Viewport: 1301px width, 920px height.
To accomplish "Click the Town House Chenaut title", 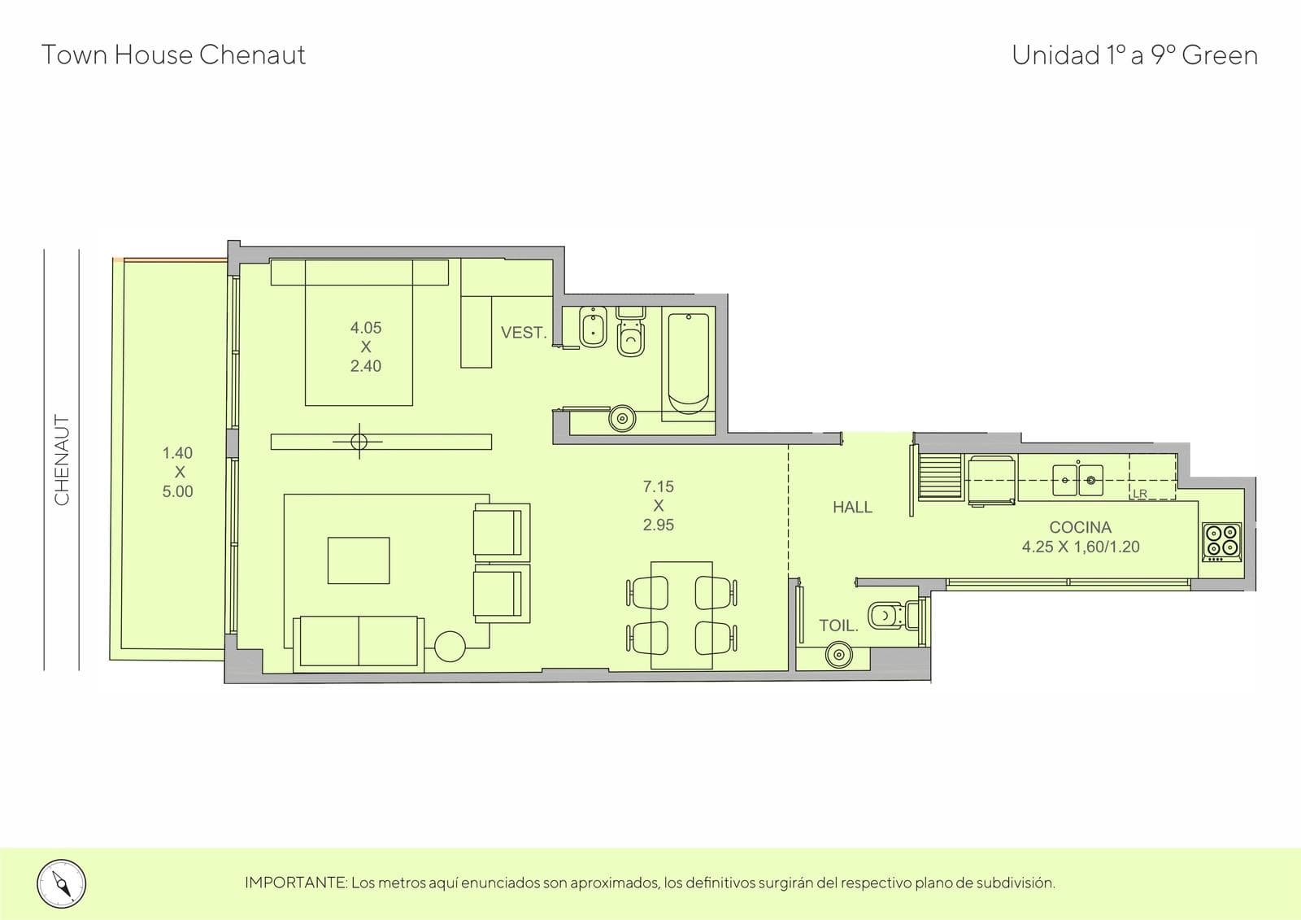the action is pyautogui.click(x=173, y=55).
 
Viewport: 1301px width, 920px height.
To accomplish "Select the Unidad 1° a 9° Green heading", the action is pyautogui.click(x=1135, y=56).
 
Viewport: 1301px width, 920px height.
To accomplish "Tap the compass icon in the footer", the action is pyautogui.click(x=62, y=884).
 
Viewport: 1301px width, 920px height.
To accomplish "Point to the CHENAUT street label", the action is pyautogui.click(x=62, y=460).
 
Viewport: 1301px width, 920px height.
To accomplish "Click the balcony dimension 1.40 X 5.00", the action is pyautogui.click(x=177, y=472).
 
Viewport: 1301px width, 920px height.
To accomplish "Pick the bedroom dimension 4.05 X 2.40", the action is pyautogui.click(x=366, y=347).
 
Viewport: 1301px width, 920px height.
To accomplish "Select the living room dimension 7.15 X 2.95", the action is pyautogui.click(x=658, y=506).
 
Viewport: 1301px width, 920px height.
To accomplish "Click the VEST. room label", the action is pyautogui.click(x=524, y=333).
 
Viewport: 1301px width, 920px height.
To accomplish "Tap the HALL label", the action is pyautogui.click(x=853, y=508).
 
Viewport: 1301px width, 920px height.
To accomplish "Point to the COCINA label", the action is pyautogui.click(x=1081, y=527).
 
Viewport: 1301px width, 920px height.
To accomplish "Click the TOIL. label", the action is pyautogui.click(x=838, y=626).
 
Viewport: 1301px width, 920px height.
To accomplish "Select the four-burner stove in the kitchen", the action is pyautogui.click(x=1221, y=542).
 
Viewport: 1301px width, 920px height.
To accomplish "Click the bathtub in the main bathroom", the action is pyautogui.click(x=688, y=364).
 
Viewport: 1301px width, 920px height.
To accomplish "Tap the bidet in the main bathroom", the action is pyautogui.click(x=593, y=327).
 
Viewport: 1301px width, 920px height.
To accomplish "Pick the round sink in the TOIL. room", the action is pyautogui.click(x=838, y=655).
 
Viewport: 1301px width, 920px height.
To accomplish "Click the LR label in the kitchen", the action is pyautogui.click(x=1139, y=494).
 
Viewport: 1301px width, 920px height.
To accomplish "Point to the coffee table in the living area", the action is pyautogui.click(x=359, y=560).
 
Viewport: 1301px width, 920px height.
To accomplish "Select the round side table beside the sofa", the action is pyautogui.click(x=450, y=646).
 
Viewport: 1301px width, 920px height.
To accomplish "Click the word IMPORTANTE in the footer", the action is pyautogui.click(x=296, y=883).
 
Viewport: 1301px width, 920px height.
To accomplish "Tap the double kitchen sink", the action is pyautogui.click(x=1078, y=480).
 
